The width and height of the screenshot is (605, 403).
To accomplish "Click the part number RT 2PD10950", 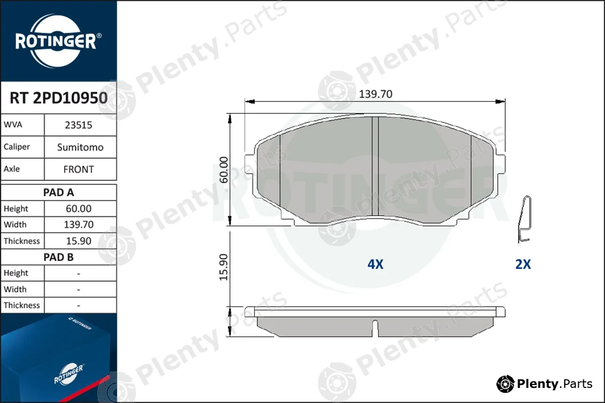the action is (x=58, y=98).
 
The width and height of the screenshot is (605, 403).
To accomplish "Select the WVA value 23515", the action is (x=79, y=125).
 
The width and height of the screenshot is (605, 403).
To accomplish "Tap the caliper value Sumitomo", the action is (x=80, y=147).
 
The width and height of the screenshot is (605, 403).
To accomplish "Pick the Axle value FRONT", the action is (x=79, y=169).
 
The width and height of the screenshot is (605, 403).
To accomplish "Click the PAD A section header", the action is (x=58, y=192).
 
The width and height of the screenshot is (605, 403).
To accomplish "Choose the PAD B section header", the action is (x=58, y=257).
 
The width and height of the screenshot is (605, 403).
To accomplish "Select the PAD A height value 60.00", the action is (x=79, y=209).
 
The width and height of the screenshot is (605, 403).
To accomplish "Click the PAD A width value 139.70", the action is (x=79, y=224).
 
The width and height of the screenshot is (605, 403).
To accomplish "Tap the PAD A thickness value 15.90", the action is (x=79, y=241).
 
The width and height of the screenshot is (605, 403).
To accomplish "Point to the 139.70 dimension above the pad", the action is (x=376, y=94).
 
